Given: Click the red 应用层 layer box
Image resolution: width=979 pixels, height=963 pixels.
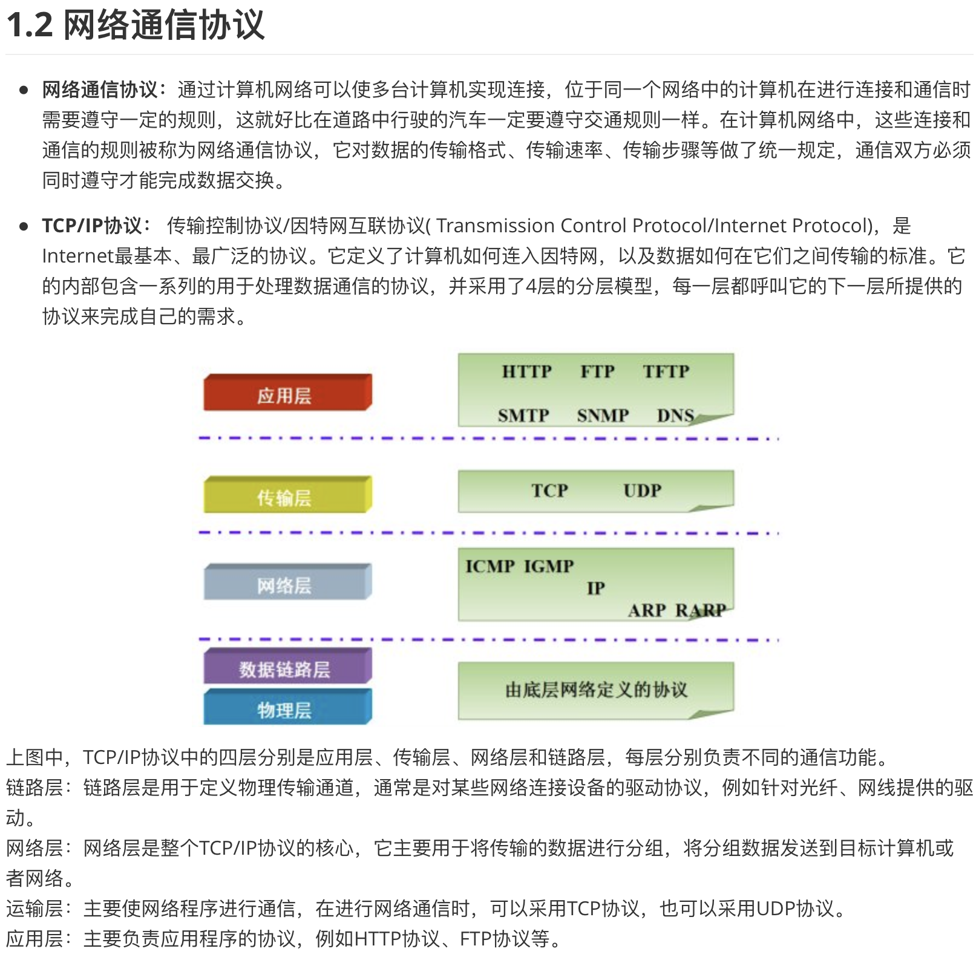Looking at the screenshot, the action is click(287, 393).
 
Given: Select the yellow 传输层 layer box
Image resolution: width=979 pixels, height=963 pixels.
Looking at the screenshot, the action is click(287, 496).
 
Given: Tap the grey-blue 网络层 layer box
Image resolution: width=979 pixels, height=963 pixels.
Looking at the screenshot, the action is click(287, 584).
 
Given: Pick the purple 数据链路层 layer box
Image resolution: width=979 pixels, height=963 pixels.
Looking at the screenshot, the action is click(287, 668).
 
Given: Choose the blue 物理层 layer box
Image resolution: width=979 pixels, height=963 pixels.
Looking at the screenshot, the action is click(287, 708).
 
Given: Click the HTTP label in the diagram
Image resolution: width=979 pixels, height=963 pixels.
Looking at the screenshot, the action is click(526, 371).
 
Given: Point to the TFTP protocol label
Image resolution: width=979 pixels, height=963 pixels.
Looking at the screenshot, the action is click(666, 371).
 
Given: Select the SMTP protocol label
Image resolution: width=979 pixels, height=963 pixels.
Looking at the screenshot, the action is click(523, 416).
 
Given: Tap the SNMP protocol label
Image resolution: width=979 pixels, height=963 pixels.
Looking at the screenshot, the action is click(603, 416).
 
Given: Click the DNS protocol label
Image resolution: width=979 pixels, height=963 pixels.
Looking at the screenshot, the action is click(675, 416).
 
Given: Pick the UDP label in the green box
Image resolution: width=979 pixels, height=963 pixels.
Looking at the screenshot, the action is click(642, 491).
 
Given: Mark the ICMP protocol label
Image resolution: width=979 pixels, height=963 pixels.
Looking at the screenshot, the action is click(490, 566).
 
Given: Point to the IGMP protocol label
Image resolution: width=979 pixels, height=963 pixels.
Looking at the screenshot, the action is click(549, 566).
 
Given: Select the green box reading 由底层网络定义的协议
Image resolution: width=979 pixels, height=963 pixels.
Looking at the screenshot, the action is click(595, 690).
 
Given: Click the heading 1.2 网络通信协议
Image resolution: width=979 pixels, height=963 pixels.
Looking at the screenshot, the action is click(136, 25).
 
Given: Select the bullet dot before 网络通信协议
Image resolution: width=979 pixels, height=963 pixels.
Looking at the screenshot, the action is click(24, 90).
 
